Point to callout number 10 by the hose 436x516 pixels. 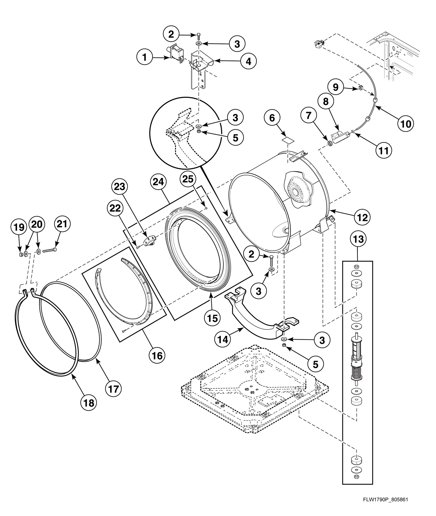coord(406,124)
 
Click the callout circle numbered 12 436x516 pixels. coord(362,217)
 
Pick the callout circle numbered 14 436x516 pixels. coord(222,340)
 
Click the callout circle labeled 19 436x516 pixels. coord(19,227)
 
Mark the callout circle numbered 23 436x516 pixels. coord(120,187)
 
